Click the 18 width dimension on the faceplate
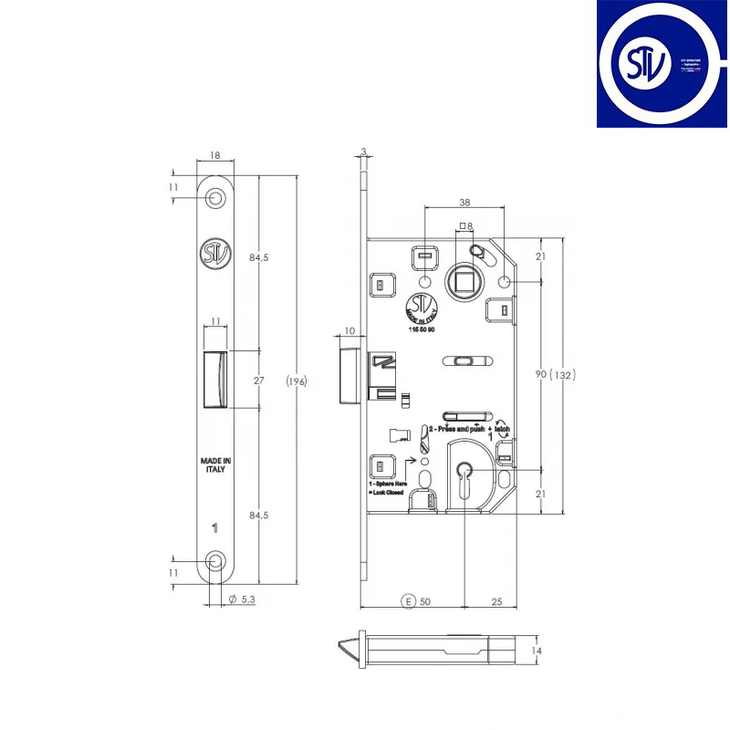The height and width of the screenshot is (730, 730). tap(215, 156)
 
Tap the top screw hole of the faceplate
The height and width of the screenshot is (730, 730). tap(215, 197)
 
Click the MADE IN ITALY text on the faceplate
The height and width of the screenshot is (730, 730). tap(215, 466)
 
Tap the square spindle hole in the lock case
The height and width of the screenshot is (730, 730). tap(464, 279)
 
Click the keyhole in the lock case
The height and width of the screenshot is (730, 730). tap(465, 479)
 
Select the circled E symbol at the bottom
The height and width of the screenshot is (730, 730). tap(409, 601)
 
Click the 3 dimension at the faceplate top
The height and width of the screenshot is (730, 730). tap(363, 151)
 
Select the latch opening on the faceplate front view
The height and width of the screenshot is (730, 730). tap(215, 378)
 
